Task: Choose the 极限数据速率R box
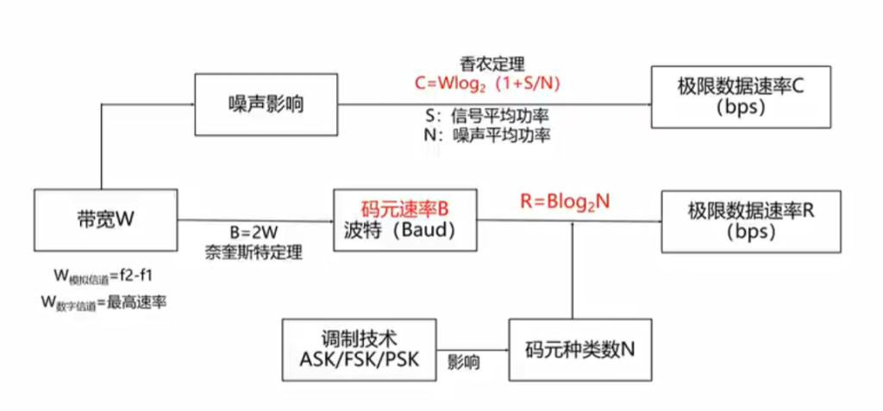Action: point(751,221)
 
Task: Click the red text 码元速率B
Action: point(405,209)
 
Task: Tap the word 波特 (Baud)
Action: point(404,231)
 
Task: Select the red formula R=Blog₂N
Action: point(565,200)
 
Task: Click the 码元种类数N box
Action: point(579,349)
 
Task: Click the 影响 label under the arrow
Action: point(463,364)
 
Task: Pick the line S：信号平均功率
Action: point(487,115)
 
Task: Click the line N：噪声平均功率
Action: point(487,135)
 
